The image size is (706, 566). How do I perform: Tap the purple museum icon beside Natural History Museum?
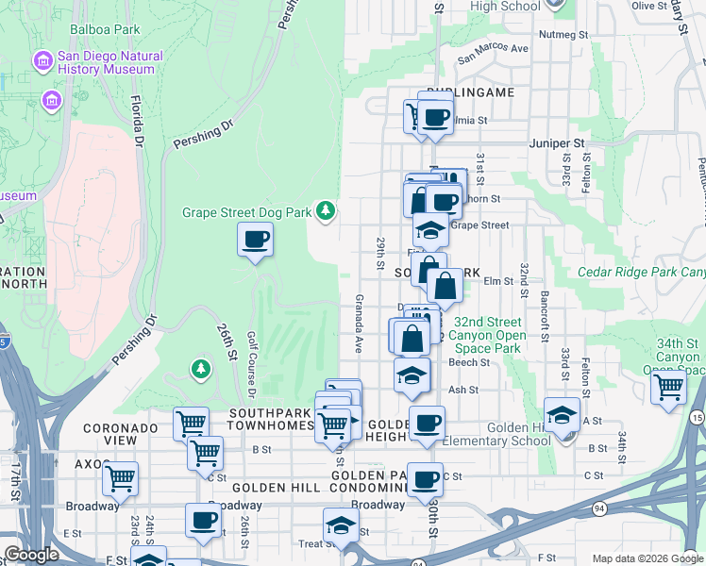coord(42,62)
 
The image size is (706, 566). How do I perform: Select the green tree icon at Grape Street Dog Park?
coord(326,209)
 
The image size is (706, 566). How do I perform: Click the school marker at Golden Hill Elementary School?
coord(563,414)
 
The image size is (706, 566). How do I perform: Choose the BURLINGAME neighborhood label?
coord(470,92)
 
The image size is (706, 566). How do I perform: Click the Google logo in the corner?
coord(31,554)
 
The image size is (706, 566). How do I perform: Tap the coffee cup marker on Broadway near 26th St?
coord(203,520)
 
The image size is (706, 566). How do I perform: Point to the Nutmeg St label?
coord(563,34)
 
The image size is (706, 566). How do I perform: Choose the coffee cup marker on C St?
coord(427,478)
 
